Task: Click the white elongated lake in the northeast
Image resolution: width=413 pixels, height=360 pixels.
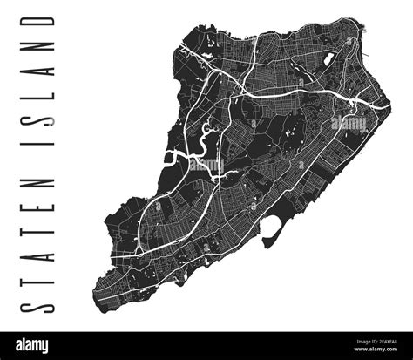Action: (329, 62)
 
